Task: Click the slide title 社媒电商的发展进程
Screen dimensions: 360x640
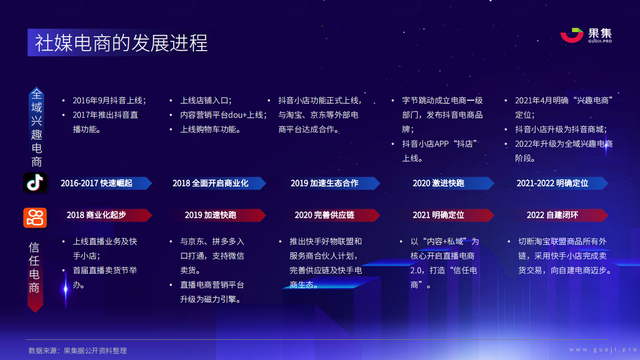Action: pos(121,43)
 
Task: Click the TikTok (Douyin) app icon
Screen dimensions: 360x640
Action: pos(35,183)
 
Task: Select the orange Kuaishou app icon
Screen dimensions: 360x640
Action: pos(35,218)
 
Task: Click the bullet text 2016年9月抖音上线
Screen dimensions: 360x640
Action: pos(109,101)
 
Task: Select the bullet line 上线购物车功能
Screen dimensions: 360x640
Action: pos(211,130)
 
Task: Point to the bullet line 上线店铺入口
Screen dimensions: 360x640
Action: pos(206,101)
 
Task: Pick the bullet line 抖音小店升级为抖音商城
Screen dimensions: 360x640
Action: pos(561,130)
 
